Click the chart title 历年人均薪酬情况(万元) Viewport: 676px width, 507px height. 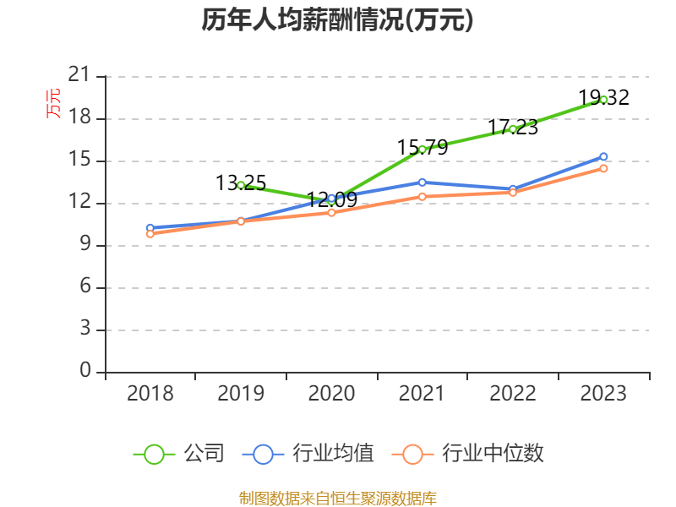(x=337, y=20)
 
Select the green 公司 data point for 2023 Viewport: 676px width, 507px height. (x=603, y=100)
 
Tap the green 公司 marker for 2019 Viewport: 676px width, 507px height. (x=241, y=185)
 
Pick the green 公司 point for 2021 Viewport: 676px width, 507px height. (x=422, y=150)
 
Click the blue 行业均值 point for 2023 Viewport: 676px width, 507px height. (x=603, y=156)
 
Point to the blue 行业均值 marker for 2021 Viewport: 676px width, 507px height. (x=422, y=182)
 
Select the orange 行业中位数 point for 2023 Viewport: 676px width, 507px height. (x=603, y=168)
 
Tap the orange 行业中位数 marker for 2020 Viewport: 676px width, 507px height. (x=331, y=212)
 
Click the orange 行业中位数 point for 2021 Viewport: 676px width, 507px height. (x=422, y=196)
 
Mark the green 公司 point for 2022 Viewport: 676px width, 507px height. (x=512, y=129)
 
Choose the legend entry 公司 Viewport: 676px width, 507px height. (x=181, y=454)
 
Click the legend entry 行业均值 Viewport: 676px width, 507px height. (x=308, y=454)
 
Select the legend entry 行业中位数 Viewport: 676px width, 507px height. (x=470, y=454)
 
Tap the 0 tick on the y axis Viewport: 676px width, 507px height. (x=84, y=372)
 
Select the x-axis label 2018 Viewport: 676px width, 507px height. (x=150, y=394)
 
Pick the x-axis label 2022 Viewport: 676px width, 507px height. (x=512, y=394)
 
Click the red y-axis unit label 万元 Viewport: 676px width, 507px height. (x=53, y=103)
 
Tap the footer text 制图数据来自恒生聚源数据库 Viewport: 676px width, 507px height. (x=337, y=498)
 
